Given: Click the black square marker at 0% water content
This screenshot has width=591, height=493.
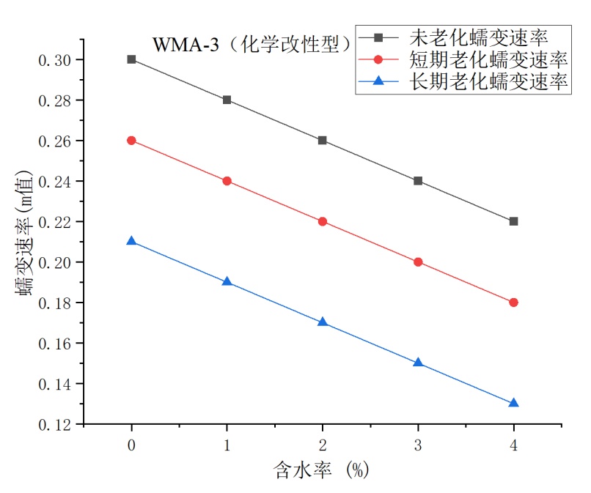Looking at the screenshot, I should (x=131, y=59).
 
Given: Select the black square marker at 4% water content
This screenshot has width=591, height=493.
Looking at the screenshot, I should (x=513, y=221).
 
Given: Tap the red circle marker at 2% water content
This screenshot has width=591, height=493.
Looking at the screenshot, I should (x=323, y=221).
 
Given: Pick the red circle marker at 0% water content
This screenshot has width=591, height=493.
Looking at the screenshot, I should (x=131, y=140).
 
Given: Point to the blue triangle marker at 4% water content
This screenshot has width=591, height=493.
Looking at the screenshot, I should (x=513, y=403).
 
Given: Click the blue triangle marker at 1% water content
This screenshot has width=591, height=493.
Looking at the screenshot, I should (x=227, y=281).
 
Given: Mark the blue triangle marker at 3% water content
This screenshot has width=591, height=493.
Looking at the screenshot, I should (x=418, y=363).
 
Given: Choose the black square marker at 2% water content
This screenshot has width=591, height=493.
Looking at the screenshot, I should (x=323, y=140).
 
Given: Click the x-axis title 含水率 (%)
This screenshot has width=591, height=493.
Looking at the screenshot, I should (x=322, y=470).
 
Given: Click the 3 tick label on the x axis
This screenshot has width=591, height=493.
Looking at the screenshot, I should (x=418, y=445).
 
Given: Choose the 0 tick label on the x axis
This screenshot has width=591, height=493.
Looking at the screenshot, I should (x=131, y=445).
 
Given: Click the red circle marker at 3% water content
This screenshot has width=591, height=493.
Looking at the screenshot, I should (x=418, y=262).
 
